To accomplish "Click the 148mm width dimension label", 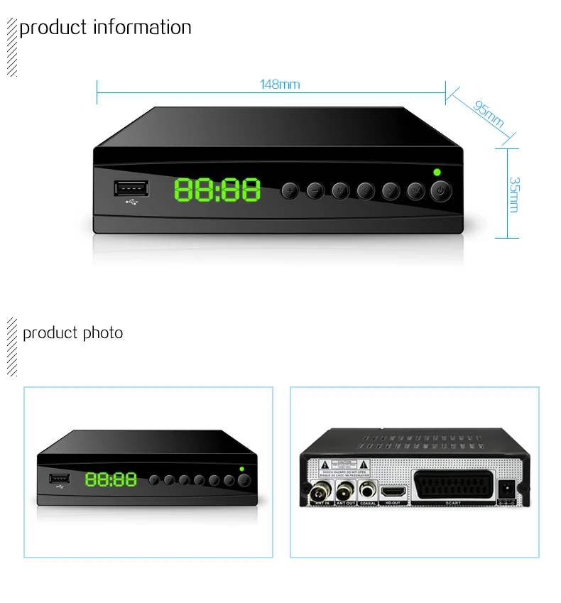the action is pyautogui.click(x=280, y=85).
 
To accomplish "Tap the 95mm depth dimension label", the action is pyautogui.click(x=488, y=114).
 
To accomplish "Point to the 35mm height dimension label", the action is pyautogui.click(x=514, y=194).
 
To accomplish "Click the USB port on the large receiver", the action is pyautogui.click(x=131, y=189).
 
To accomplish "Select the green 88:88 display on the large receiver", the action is pyautogui.click(x=217, y=190).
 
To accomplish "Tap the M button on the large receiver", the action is pyautogui.click(x=341, y=190).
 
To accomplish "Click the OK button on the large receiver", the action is pyautogui.click(x=415, y=190).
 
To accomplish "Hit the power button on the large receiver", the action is pyautogui.click(x=441, y=190).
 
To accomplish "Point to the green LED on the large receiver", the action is pyautogui.click(x=436, y=172).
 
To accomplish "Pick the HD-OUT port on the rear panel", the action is pyautogui.click(x=392, y=491).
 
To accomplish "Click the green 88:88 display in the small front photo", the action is pyautogui.click(x=111, y=479).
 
